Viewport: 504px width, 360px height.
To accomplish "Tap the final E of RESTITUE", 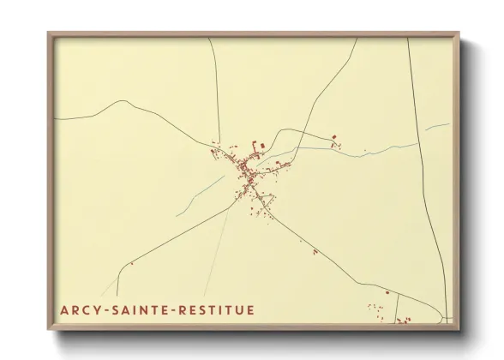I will click(250, 309).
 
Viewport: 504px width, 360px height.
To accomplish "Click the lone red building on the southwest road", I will click(131, 264).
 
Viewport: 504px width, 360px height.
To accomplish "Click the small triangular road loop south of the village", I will click(265, 204).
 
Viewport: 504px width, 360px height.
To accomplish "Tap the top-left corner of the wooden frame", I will click(49, 34).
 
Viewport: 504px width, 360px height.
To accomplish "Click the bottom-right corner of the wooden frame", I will click(457, 329).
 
